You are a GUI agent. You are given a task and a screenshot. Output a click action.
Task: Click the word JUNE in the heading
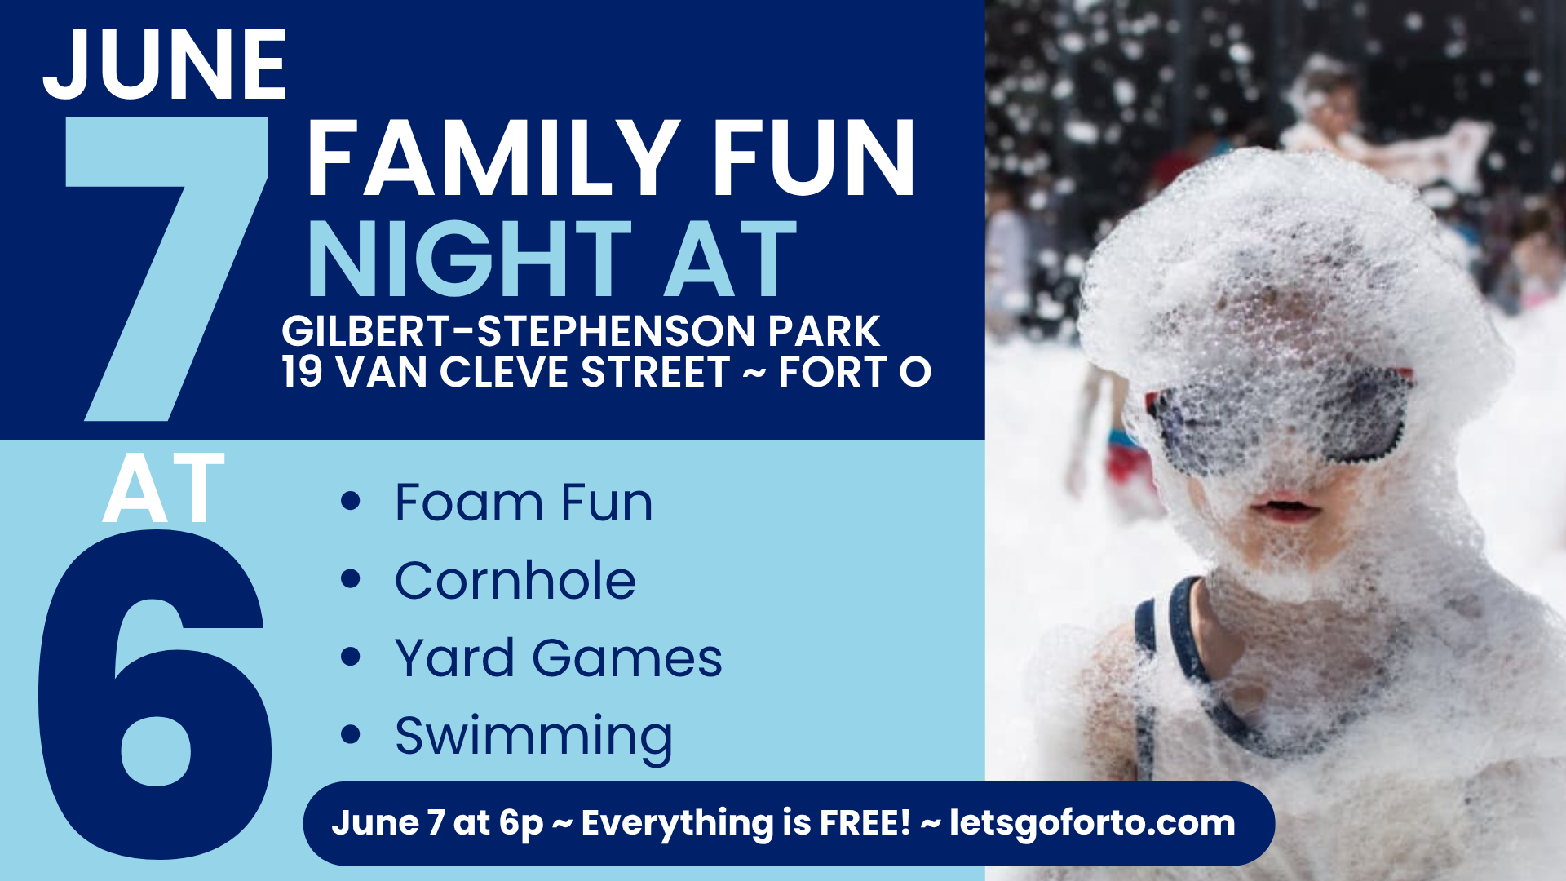(x=165, y=65)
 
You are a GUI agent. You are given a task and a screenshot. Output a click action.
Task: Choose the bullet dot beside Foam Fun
(x=351, y=501)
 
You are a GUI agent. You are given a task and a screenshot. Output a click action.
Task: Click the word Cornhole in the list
(x=515, y=581)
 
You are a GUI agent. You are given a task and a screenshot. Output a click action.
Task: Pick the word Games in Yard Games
(x=626, y=658)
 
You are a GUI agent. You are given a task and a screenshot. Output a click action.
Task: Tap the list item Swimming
(x=533, y=737)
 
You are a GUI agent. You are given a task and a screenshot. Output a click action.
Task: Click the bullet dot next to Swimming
(x=351, y=734)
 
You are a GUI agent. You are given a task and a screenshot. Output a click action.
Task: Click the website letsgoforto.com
(x=1092, y=823)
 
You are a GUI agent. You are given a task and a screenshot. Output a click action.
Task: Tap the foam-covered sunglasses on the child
(x=1281, y=420)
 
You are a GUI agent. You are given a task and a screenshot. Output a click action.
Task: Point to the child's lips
(x=1287, y=507)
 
